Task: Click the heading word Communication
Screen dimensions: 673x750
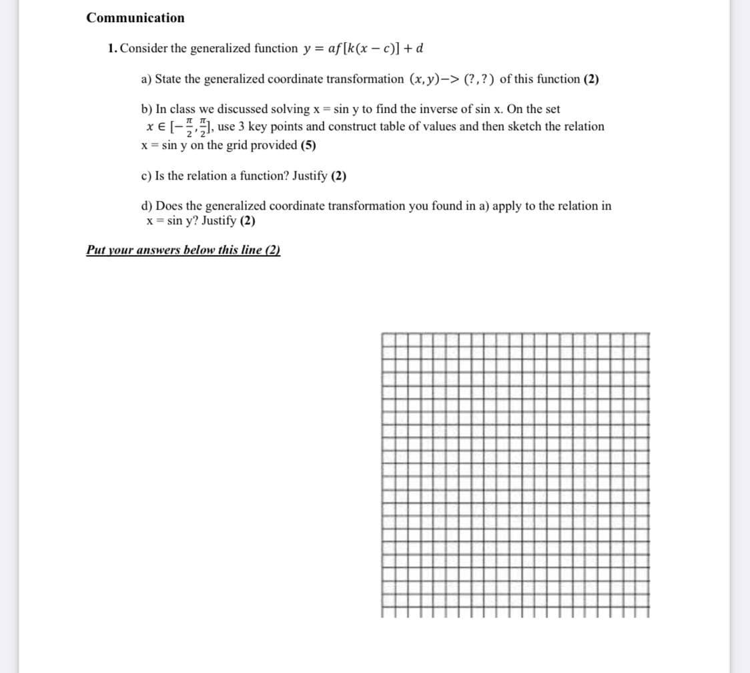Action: coord(135,18)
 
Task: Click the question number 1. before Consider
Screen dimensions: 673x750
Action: coord(113,49)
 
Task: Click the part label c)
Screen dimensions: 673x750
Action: coord(147,176)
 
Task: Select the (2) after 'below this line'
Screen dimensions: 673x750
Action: coord(272,250)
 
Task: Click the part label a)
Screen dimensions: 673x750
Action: coord(147,79)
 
